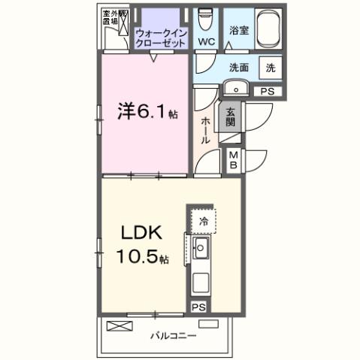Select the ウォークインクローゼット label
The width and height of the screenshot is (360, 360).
[160, 38]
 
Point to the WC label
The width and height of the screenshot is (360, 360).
[207, 41]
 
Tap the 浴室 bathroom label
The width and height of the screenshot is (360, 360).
[238, 32]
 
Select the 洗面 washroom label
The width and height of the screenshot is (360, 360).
[239, 66]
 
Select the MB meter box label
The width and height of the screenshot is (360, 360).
[234, 159]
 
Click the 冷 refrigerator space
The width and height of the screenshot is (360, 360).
[203, 222]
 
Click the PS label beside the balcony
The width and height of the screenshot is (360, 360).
[198, 307]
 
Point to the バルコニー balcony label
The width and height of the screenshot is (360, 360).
[173, 335]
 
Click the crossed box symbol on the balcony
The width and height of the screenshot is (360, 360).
[119, 325]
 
